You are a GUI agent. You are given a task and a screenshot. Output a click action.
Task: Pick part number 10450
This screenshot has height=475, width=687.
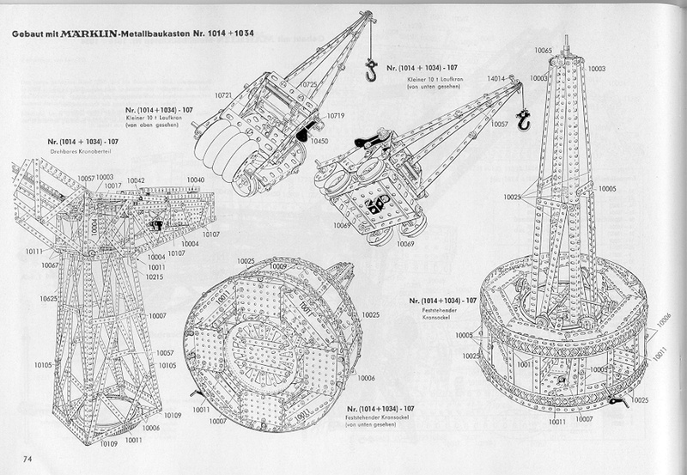click(319, 140)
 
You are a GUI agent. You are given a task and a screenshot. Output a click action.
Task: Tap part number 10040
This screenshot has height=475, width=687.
click(196, 180)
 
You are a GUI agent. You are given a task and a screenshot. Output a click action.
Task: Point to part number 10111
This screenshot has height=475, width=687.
click(33, 251)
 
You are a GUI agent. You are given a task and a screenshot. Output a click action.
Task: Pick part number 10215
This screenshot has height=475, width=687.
click(155, 277)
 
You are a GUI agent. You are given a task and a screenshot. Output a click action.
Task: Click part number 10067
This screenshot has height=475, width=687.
click(49, 265)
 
